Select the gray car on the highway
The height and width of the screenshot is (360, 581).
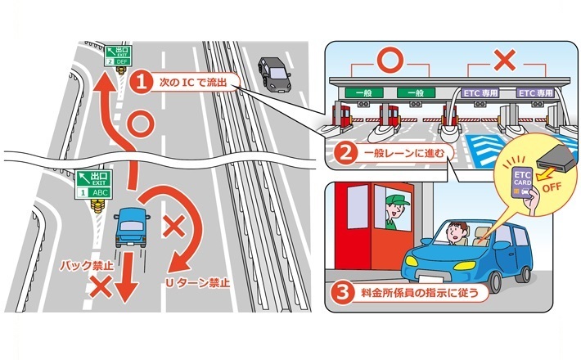click(x=273, y=73)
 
